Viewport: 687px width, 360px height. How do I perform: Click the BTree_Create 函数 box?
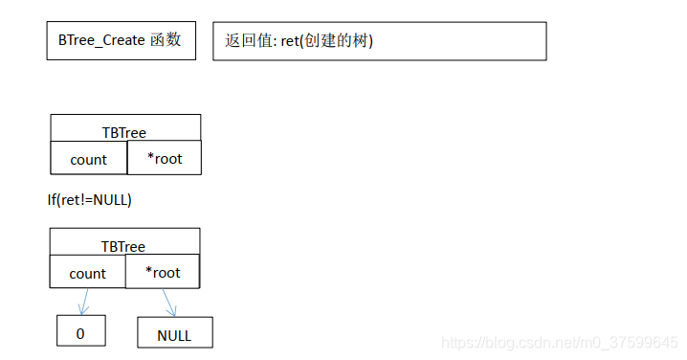click(x=121, y=41)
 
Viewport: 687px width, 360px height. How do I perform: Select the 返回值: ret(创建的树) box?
click(x=379, y=41)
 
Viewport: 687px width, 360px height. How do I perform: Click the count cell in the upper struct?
click(x=88, y=160)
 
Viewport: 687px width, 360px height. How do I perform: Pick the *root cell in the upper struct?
click(x=164, y=159)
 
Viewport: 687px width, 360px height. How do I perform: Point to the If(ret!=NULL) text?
click(x=89, y=200)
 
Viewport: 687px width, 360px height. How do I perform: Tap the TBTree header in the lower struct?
click(x=124, y=245)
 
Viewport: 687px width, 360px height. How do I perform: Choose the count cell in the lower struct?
click(x=87, y=273)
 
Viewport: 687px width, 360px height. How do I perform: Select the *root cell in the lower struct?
click(x=163, y=272)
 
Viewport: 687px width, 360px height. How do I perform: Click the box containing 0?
click(x=80, y=333)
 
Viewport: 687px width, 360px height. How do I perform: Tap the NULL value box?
click(x=174, y=334)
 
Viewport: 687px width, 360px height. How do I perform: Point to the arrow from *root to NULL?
click(x=169, y=303)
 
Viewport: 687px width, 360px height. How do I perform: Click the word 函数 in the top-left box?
click(x=166, y=41)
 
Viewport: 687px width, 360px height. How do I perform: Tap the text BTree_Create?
click(x=101, y=41)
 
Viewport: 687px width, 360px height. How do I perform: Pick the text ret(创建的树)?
click(x=326, y=42)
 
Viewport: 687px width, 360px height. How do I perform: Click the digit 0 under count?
click(x=80, y=333)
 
